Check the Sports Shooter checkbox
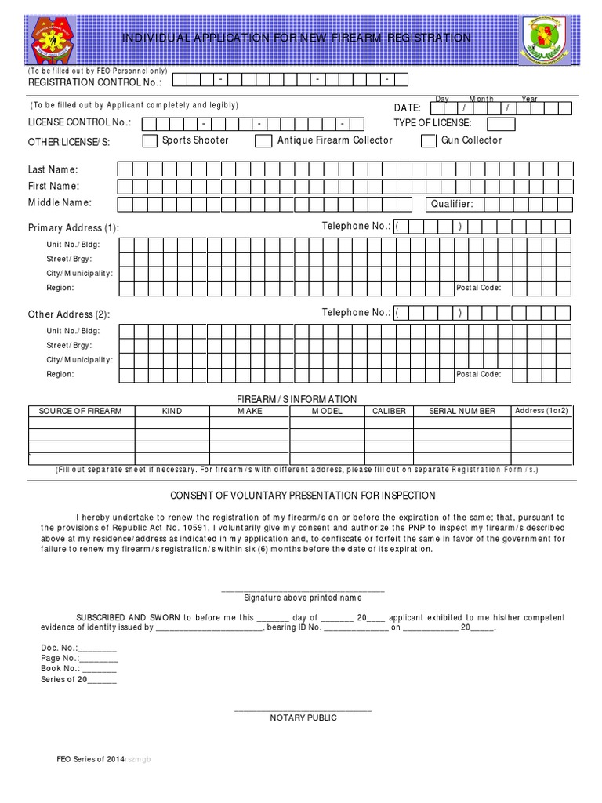click(x=149, y=141)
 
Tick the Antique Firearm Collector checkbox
click(x=263, y=141)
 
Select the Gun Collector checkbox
click(x=428, y=141)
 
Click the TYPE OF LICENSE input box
click(x=502, y=124)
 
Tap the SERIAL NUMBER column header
click(x=462, y=411)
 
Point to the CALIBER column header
click(x=389, y=411)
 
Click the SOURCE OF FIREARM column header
click(x=81, y=411)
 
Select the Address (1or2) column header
click(x=541, y=411)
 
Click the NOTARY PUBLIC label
click(x=303, y=718)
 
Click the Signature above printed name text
click(x=303, y=598)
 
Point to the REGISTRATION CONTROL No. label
click(x=95, y=82)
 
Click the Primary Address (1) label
click(x=74, y=228)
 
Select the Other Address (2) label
click(x=69, y=314)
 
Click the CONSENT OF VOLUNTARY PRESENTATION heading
click(x=303, y=496)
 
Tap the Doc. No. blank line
click(x=97, y=649)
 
